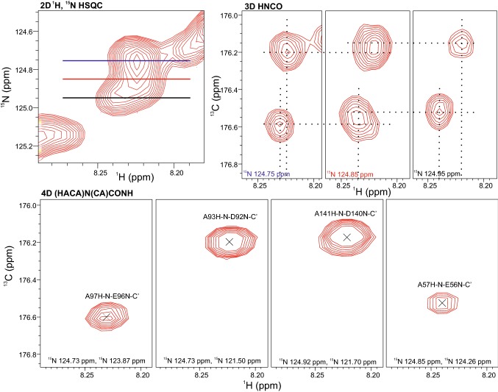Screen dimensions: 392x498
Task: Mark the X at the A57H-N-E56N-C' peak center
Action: (x=442, y=302)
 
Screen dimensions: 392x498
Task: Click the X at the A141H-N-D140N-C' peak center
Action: (x=347, y=237)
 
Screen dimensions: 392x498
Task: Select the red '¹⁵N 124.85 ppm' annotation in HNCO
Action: (x=349, y=173)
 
